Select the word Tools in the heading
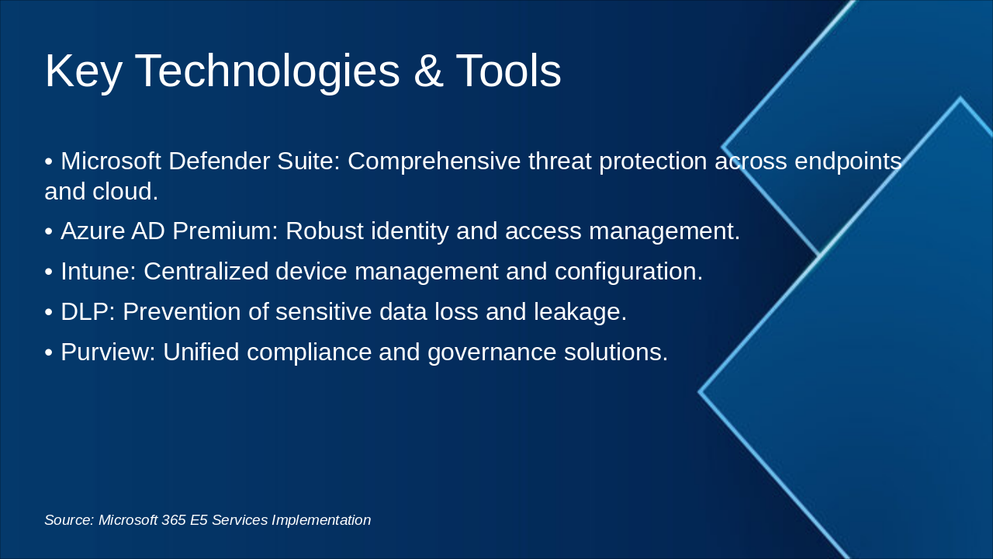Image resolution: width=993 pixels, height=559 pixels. [508, 71]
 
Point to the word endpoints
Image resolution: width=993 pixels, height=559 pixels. [848, 161]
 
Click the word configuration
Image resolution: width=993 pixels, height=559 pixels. [628, 272]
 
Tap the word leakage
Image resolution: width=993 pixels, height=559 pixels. [580, 312]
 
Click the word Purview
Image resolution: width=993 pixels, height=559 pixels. [108, 352]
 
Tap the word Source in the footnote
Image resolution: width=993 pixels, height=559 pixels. [69, 520]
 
